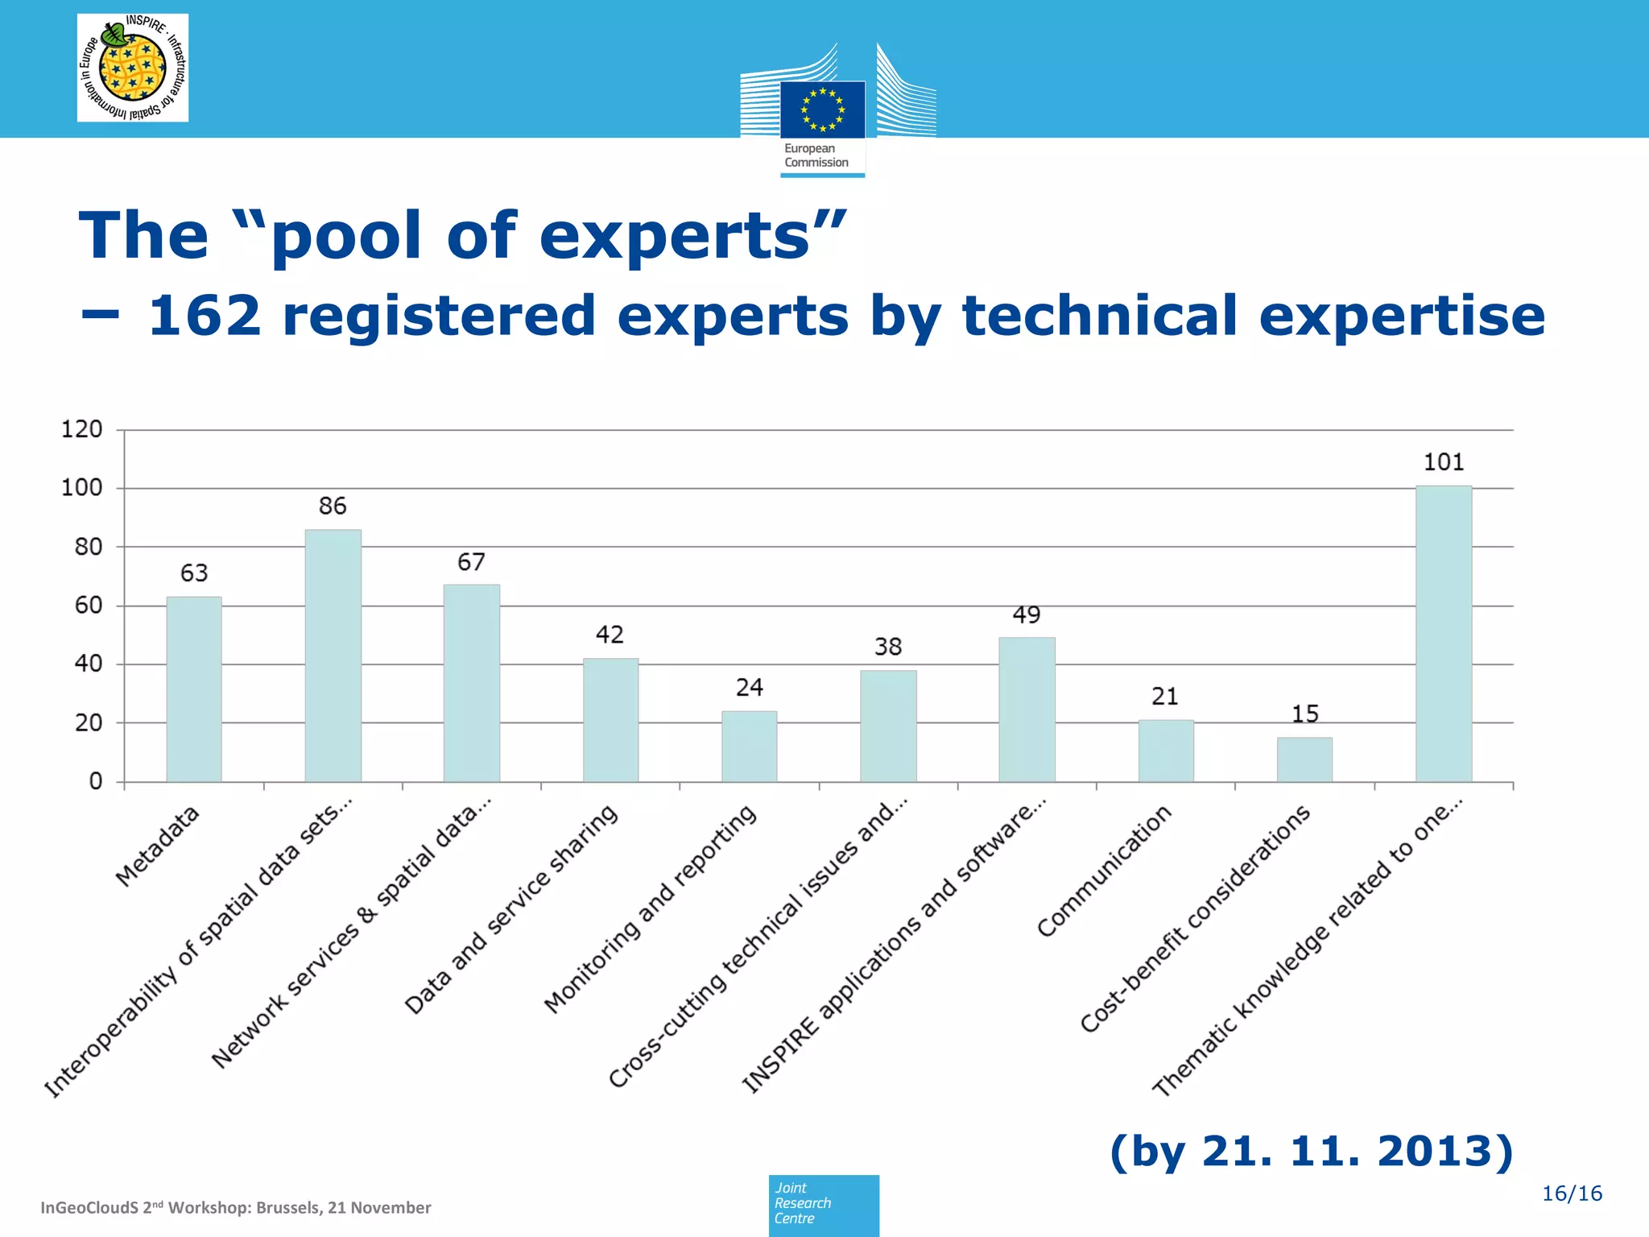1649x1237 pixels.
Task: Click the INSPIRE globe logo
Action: (x=132, y=68)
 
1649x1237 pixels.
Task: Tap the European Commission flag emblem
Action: (x=822, y=109)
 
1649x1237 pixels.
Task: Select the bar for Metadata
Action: (x=194, y=689)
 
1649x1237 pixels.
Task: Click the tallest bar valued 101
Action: (x=1443, y=634)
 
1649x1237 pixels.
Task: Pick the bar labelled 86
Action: (x=333, y=656)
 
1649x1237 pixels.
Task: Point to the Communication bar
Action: (x=1165, y=751)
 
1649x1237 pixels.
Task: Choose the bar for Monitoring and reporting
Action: (x=749, y=746)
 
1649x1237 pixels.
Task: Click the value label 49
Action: (x=1027, y=615)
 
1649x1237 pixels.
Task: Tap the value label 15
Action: (x=1304, y=714)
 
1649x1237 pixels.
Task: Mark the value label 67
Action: (x=471, y=562)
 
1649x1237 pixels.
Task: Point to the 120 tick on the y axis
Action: (x=82, y=429)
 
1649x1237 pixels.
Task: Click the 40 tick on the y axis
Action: (x=89, y=664)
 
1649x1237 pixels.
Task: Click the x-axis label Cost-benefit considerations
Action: (x=1196, y=918)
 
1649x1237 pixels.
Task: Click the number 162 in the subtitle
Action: (x=205, y=316)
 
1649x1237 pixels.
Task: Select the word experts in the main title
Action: (x=675, y=236)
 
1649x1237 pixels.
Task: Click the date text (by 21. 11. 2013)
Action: (x=1311, y=1151)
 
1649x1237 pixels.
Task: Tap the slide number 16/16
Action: (x=1571, y=1194)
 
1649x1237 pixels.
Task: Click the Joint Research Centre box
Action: (x=823, y=1204)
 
